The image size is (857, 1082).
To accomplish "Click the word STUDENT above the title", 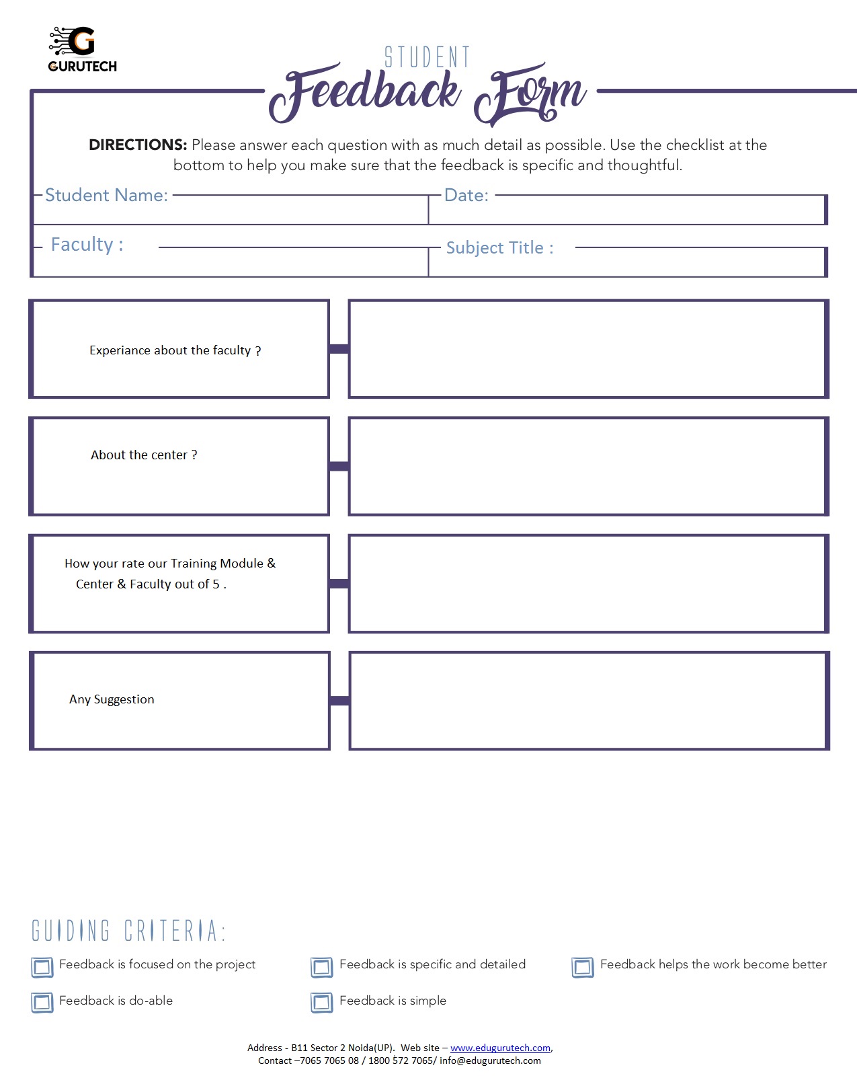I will coord(427,58).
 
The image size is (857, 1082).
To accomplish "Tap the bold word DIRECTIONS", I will coord(138,145).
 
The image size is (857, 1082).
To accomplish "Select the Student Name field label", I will coord(106,195).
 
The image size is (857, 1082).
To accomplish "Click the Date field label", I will coord(466,195).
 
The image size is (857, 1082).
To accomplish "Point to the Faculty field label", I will coord(87,244).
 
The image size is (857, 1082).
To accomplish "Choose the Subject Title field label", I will coord(499,247).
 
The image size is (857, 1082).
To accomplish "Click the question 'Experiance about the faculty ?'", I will coord(175,350).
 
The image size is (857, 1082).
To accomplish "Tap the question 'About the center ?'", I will coord(144,455).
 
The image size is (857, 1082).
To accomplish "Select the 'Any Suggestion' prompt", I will coord(112,699).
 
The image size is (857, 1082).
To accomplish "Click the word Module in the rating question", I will coord(241,564).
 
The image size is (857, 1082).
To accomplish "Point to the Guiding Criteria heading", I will coord(128,931).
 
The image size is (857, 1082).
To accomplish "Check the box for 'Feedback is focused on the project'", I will coord(42,967).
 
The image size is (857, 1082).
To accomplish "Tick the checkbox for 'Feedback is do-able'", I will coord(42,1003).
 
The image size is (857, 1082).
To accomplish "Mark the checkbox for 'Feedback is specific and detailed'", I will coord(322,967).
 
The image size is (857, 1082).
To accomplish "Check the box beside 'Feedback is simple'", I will coord(322,1003).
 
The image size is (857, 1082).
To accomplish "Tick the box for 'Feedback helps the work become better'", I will coord(583,967).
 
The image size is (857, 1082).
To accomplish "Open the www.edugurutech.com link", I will coord(500,1048).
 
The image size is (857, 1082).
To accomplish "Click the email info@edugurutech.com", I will coord(490,1060).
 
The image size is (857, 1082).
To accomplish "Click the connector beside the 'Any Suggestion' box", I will coord(339,701).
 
